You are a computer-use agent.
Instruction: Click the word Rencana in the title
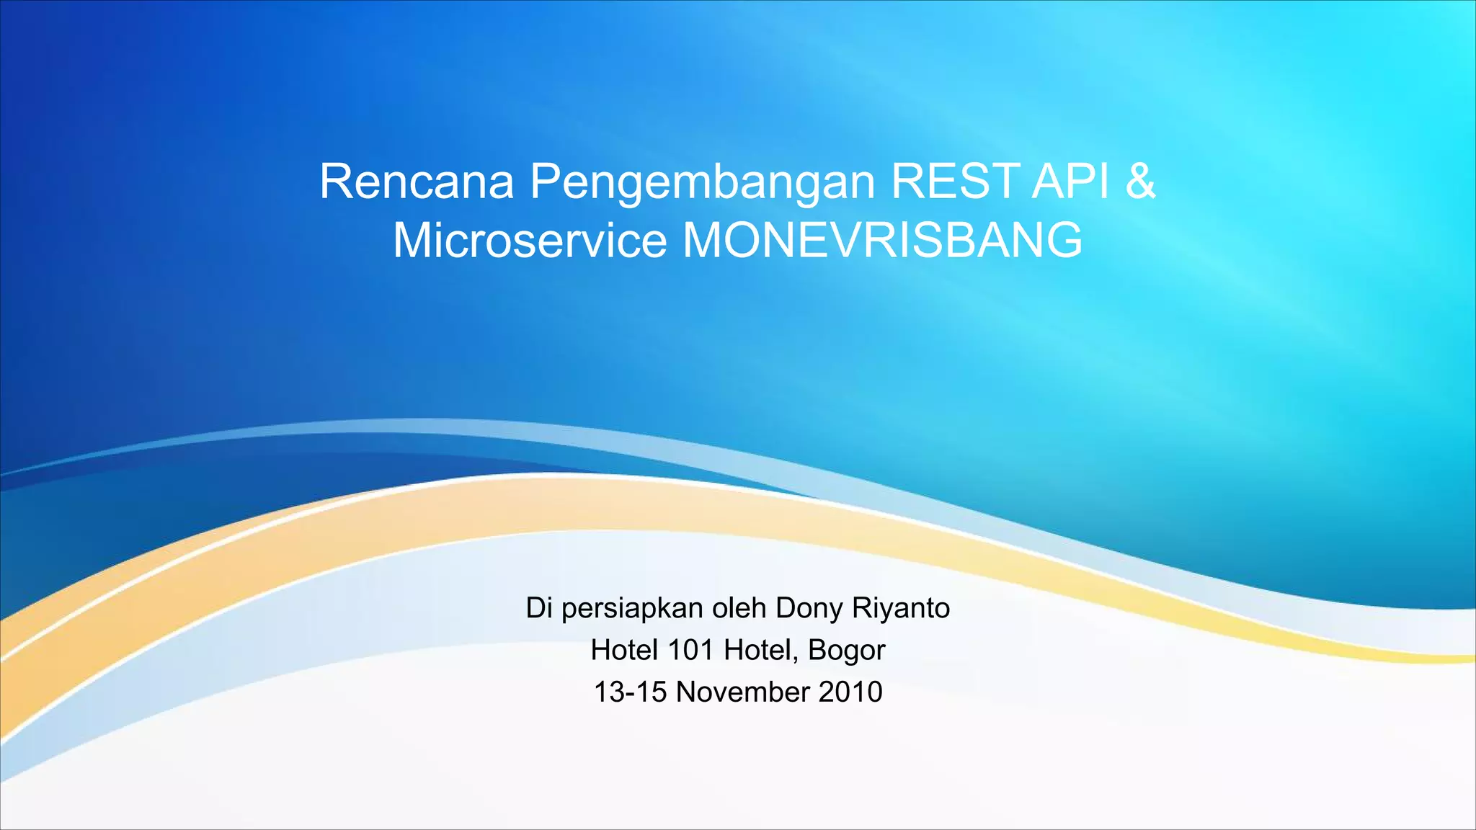416,182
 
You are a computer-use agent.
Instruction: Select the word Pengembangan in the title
703,183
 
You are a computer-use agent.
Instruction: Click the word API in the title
1070,182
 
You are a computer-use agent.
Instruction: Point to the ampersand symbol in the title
1140,182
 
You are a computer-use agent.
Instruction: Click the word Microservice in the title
530,240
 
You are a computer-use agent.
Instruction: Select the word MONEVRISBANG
882,240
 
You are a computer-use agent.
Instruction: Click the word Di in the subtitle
540,608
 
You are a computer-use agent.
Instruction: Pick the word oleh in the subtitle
739,608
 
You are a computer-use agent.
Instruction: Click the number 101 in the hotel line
690,650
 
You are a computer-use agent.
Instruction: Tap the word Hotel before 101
624,650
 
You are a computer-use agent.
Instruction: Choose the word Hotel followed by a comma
757,650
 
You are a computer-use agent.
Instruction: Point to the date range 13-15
630,692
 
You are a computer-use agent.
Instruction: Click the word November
743,692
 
